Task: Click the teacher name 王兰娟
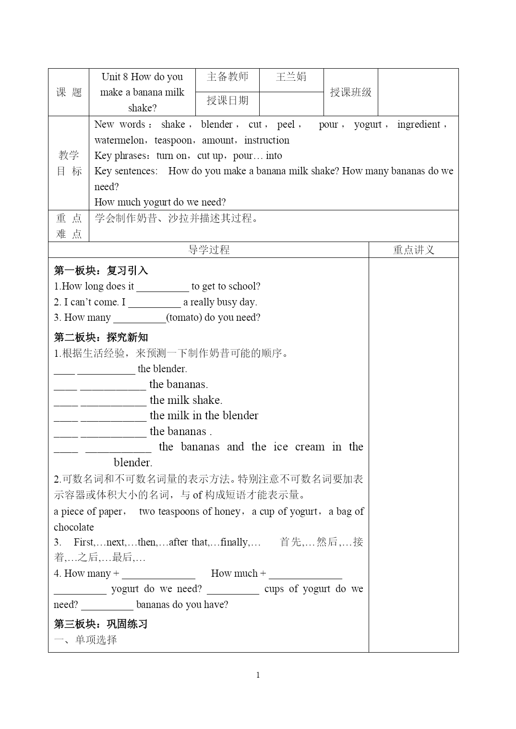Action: [x=291, y=77]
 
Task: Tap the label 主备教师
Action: [x=228, y=77]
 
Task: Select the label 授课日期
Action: [x=228, y=100]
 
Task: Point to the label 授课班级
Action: [x=350, y=92]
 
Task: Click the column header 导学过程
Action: [x=209, y=250]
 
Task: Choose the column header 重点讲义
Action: [x=413, y=250]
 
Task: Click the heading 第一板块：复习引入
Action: [x=101, y=270]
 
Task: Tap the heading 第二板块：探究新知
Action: [x=101, y=337]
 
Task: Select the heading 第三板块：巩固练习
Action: [x=101, y=624]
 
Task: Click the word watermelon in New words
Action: [x=119, y=140]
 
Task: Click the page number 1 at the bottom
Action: [x=258, y=675]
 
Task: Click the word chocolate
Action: [x=74, y=527]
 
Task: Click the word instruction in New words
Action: [x=267, y=140]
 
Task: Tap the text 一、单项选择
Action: [x=85, y=640]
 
